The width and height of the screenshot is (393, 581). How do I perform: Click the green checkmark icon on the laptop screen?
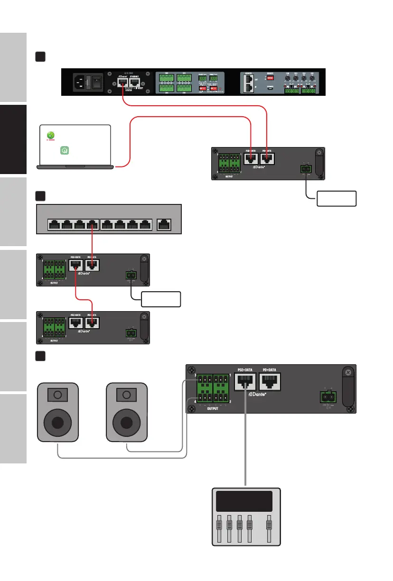pos(51,136)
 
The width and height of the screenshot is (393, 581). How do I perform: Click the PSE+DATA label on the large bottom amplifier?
pos(245,369)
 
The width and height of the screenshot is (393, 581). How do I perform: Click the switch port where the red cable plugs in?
pos(92,225)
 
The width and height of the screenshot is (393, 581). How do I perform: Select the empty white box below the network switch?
pos(160,299)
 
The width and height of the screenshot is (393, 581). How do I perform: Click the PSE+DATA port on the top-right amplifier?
pos(250,159)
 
